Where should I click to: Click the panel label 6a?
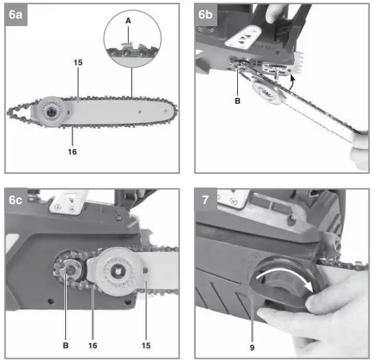pos(15,14)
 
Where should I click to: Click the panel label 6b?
pos(205,14)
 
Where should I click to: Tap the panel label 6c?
pos(15,200)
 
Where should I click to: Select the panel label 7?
pos(205,200)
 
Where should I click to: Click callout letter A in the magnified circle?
pos(128,21)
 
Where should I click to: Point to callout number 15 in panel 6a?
pos(78,63)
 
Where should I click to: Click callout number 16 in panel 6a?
pos(72,152)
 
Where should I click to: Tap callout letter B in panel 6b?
pos(237,101)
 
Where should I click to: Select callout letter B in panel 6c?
pos(66,346)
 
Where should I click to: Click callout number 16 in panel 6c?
pos(93,346)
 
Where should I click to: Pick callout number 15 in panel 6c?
pos(146,346)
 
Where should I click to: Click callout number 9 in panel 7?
pos(252,348)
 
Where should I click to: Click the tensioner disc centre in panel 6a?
pos(51,112)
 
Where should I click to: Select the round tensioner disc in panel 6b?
pos(267,92)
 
